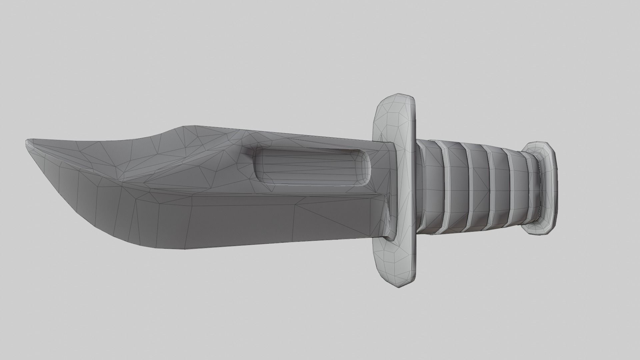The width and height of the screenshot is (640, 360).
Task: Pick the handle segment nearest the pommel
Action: (x=518, y=188)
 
